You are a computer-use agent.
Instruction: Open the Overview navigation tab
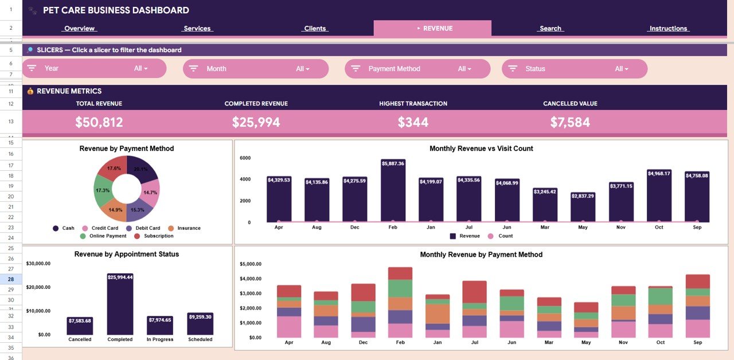[80, 29]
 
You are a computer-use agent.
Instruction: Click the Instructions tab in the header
[668, 29]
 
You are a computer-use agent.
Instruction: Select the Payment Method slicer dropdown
[417, 69]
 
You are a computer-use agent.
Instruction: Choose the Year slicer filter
[94, 68]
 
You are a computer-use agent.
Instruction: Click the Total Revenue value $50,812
[99, 122]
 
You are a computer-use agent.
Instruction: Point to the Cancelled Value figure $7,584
[570, 122]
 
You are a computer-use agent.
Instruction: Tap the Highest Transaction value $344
[413, 122]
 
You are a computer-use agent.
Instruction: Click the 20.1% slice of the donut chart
[139, 168]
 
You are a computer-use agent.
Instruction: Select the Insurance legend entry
[189, 228]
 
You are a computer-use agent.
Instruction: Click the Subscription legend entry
[158, 236]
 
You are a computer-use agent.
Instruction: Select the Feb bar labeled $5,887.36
[393, 192]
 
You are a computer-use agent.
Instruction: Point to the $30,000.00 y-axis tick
[38, 264]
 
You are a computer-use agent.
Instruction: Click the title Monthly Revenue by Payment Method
[481, 255]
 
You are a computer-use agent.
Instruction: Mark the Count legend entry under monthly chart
[505, 236]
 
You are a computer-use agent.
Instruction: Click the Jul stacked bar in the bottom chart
[474, 310]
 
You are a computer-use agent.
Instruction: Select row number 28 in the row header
[11, 279]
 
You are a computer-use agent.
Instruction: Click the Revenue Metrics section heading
[69, 91]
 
